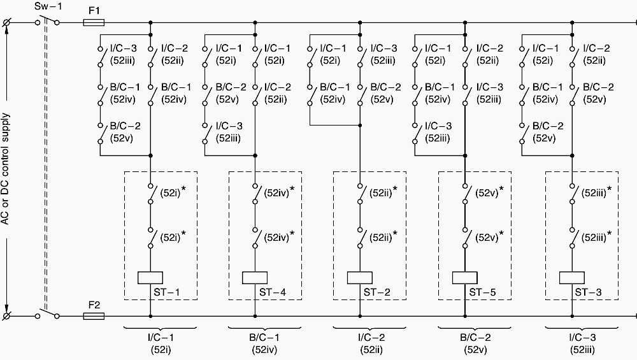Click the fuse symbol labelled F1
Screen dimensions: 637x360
[94, 23]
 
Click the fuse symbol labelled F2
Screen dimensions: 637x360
[94, 315]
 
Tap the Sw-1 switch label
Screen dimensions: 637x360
[48, 6]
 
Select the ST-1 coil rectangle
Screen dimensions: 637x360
[150, 278]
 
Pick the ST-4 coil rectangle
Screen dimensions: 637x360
[255, 278]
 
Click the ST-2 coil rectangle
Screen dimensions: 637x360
[359, 278]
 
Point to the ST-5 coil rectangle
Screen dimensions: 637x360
[465, 278]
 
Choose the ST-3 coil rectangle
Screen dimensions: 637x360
[572, 278]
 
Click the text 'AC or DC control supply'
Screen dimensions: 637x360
[5, 169]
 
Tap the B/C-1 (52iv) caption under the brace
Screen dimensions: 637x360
[264, 343]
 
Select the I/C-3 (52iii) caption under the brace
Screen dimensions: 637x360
[583, 343]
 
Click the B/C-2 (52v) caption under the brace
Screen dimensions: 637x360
[475, 343]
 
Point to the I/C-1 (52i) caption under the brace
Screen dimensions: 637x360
[161, 343]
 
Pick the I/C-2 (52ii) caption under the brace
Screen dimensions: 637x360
[371, 343]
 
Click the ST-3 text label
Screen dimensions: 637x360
[588, 292]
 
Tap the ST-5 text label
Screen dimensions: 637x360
[483, 292]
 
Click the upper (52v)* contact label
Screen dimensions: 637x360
[489, 192]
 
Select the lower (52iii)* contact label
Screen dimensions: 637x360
[596, 236]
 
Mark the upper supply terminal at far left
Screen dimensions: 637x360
[6, 23]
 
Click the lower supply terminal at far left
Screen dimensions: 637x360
[6, 315]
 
